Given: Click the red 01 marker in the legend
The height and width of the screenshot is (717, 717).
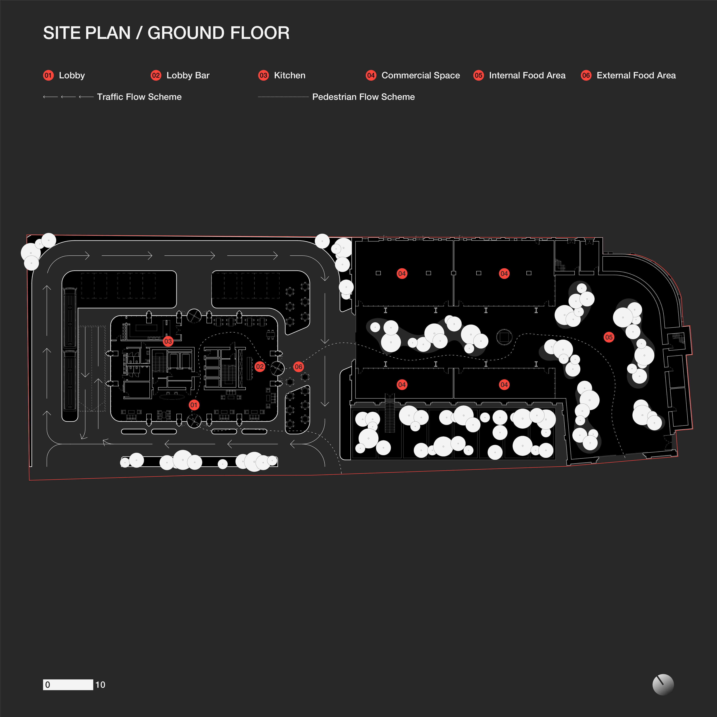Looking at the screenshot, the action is coord(48,75).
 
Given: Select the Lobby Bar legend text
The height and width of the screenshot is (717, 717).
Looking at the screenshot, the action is coord(188,75).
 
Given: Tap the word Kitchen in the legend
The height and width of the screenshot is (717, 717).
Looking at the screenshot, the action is coord(289,75).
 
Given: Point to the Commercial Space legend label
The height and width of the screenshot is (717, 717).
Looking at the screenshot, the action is coord(421,75).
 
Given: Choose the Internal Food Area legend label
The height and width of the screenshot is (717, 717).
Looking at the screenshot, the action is coord(527,75).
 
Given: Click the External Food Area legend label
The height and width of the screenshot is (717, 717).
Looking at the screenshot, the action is coord(636,75).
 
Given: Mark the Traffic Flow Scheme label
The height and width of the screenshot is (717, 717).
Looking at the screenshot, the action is coord(139,97).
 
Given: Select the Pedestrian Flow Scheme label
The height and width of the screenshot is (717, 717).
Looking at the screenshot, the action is coord(363,97).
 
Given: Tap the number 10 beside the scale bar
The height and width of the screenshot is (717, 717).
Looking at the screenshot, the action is coord(100,685).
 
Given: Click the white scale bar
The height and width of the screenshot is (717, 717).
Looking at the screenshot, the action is coord(68,685).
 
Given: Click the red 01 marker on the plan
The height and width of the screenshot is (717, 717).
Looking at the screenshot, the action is coord(194,405).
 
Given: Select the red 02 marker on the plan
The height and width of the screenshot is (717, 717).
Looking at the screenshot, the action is coord(260,367).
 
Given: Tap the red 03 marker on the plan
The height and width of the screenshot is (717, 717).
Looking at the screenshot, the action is coord(168,341).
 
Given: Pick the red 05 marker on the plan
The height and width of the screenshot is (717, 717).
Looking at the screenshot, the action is coord(609,337).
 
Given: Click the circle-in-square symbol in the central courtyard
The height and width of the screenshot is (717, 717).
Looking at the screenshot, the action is coord(504,337).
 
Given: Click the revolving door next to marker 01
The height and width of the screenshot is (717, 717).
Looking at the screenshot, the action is coord(194,421).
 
